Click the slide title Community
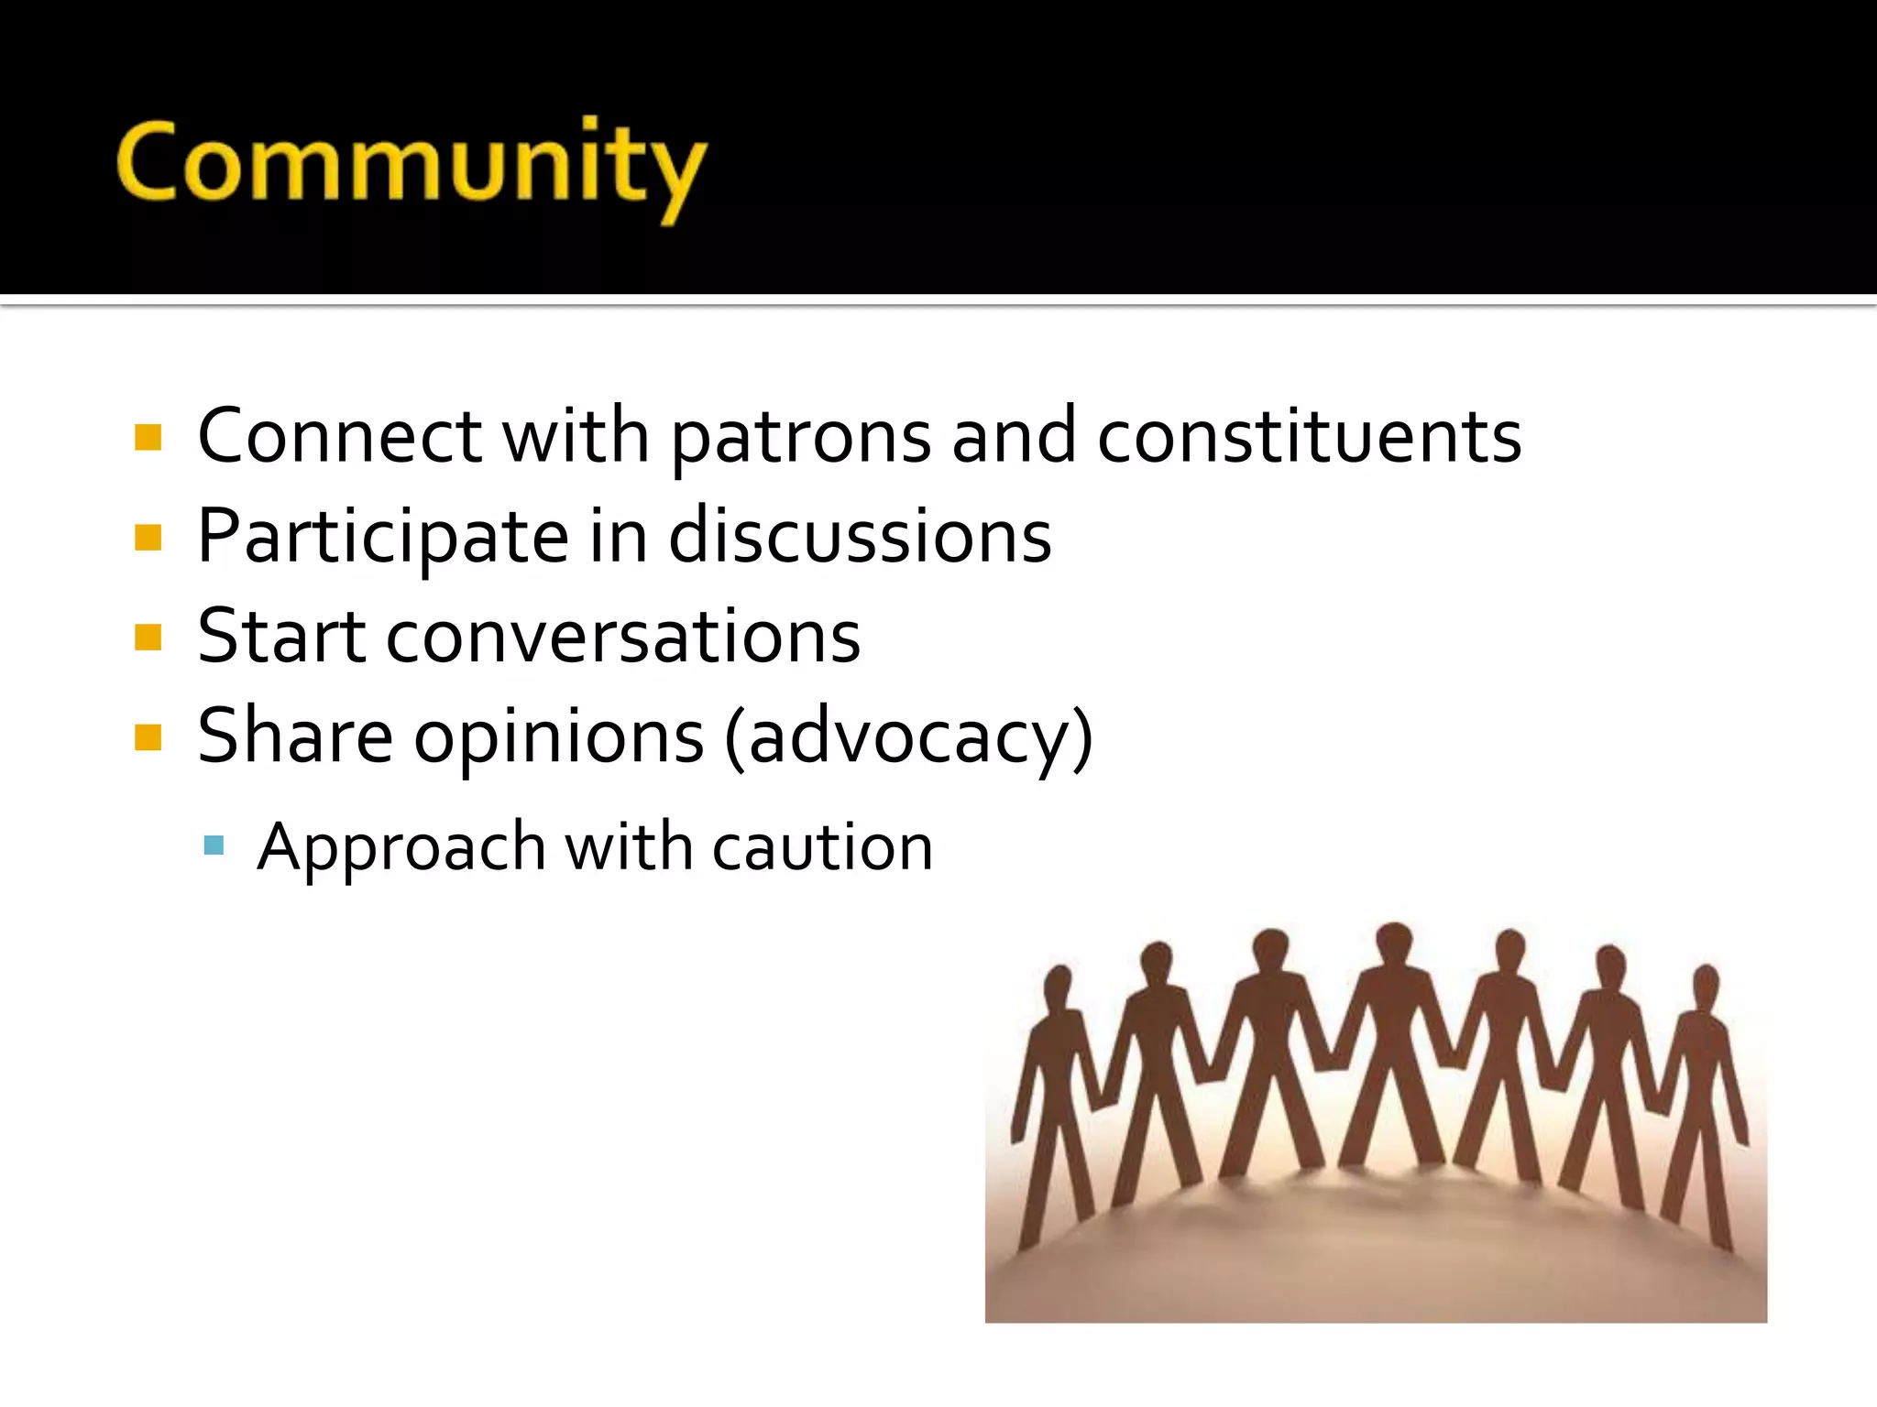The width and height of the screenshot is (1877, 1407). click(412, 165)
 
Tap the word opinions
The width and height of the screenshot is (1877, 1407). click(559, 737)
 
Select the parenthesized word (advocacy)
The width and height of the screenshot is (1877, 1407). click(908, 737)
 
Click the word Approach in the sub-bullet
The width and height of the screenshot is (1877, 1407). click(401, 847)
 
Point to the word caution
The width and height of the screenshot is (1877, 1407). click(822, 847)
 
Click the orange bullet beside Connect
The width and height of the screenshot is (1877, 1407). click(148, 437)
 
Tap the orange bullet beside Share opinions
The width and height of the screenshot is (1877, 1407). click(148, 737)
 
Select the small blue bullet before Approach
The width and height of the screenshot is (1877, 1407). click(214, 845)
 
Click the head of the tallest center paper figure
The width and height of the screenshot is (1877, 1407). click(1394, 943)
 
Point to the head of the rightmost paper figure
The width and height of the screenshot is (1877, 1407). click(1706, 985)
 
